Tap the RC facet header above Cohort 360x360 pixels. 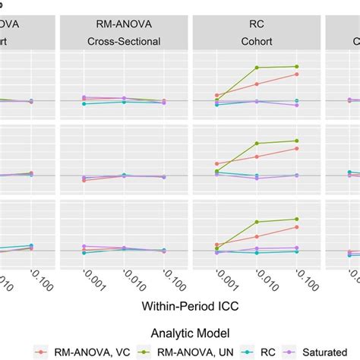(x=257, y=23)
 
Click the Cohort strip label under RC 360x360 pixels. (x=257, y=42)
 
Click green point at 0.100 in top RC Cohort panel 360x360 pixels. (x=297, y=67)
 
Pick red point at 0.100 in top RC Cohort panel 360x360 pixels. (x=297, y=74)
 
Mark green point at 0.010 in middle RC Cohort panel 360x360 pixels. (x=257, y=144)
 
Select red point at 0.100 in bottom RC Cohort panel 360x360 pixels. (x=297, y=226)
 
